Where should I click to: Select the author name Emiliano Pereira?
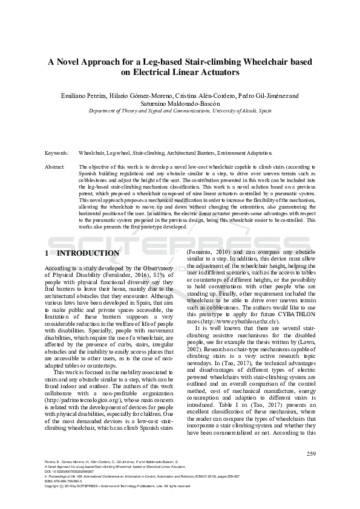[x=83, y=96]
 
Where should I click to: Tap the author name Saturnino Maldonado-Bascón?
[x=180, y=103]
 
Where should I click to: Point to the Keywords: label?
[x=57, y=154]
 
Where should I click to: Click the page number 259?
[x=312, y=454]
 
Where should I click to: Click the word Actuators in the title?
[x=220, y=73]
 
